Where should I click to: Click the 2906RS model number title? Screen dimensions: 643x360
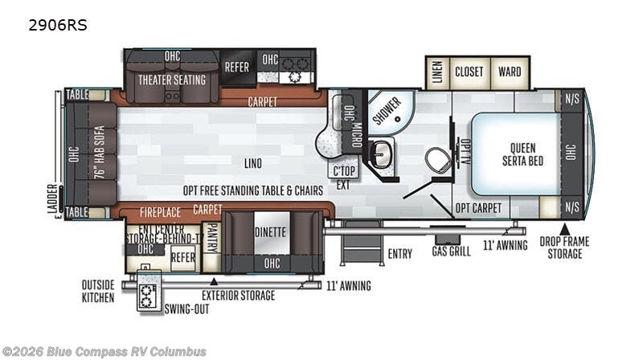57,26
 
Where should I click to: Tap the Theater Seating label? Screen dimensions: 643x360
172,80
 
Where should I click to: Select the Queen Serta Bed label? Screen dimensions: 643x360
523,154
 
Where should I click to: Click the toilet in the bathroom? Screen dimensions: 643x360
437,159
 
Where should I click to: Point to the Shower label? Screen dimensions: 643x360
387,111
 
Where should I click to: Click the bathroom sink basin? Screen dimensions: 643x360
381,154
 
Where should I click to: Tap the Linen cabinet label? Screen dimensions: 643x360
437,72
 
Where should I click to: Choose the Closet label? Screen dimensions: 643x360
469,72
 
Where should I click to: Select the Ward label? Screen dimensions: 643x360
510,72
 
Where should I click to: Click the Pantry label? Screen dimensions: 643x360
212,238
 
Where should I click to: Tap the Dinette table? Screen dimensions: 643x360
272,233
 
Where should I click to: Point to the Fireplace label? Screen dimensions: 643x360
160,212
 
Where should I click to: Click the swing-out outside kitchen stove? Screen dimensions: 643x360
146,295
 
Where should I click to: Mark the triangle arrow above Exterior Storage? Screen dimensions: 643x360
214,282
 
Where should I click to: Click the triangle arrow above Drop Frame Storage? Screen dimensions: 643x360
565,229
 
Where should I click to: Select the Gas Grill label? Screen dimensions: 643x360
451,251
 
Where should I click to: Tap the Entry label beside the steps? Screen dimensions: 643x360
399,254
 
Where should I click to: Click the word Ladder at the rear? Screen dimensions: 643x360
52,198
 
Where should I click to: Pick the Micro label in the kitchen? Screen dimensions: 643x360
356,135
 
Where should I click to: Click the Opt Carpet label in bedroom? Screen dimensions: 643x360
478,208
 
